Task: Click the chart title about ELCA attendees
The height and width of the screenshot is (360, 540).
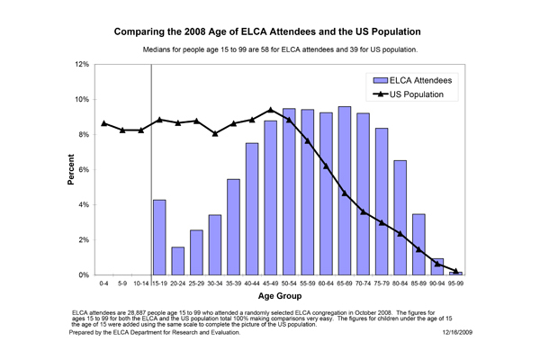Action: (x=270, y=30)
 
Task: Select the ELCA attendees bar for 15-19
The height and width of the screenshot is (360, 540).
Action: (x=159, y=238)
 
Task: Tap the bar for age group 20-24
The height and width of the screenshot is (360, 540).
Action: (x=179, y=261)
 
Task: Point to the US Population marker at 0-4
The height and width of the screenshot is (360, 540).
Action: (x=104, y=123)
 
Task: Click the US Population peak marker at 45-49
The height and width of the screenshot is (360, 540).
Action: (x=271, y=110)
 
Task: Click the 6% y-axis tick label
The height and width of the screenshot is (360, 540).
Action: (x=83, y=170)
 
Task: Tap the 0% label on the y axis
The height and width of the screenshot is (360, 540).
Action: (x=83, y=275)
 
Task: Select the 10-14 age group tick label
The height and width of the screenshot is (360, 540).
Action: (x=141, y=283)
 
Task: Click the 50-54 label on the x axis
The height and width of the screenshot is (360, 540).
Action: (x=289, y=283)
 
